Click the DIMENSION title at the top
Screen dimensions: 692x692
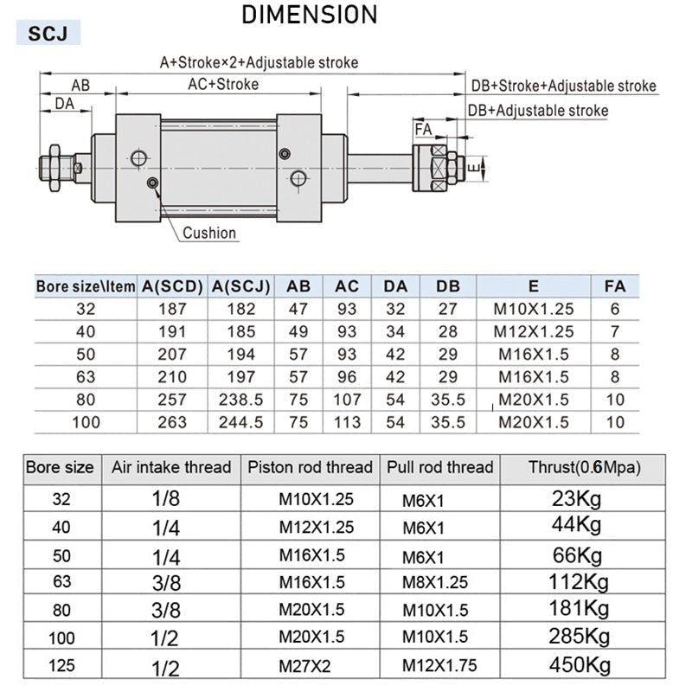(310, 15)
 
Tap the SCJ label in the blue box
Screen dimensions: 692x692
(48, 34)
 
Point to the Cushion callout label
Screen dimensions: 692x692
(209, 233)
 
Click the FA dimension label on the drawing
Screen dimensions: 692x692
(423, 130)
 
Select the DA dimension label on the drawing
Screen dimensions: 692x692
(64, 104)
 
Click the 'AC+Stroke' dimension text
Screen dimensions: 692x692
(223, 84)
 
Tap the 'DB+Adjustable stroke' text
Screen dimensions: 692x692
(538, 111)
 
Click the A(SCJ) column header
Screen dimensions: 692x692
(241, 286)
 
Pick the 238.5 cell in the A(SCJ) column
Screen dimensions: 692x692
(241, 400)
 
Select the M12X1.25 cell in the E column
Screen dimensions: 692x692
(534, 331)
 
